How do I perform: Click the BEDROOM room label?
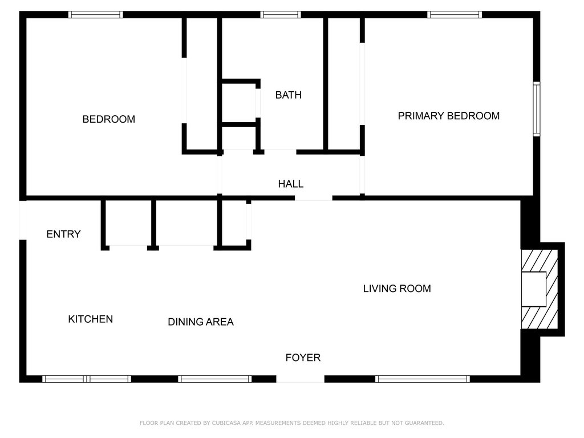coord(109,119)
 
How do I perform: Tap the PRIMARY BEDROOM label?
coord(448,116)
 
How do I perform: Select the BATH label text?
coord(288,95)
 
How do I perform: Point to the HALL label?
coord(290,184)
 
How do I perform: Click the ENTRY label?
coord(63,234)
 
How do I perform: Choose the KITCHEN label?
coord(90,319)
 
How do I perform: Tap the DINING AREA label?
coord(200,322)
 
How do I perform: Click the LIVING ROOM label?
coord(397,288)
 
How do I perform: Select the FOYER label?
coord(303,358)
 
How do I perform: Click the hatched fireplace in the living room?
coord(540,289)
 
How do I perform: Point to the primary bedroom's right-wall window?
coord(536,109)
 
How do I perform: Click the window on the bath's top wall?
coord(281,15)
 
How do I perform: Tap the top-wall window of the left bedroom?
coord(96,15)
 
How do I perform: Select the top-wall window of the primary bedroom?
coord(455,15)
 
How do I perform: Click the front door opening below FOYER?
coord(301,379)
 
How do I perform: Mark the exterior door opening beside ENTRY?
coord(23,220)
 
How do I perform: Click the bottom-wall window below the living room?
coord(423,379)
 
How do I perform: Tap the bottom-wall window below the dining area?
coord(215,379)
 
